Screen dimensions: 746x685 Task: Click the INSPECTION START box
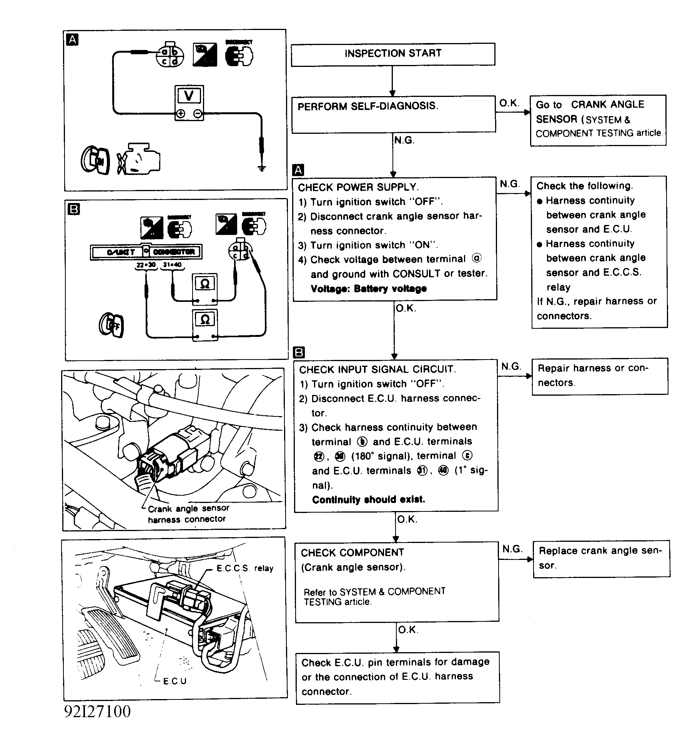[393, 54]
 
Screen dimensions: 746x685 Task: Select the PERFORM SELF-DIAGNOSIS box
[393, 115]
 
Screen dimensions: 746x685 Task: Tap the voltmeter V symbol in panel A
[189, 95]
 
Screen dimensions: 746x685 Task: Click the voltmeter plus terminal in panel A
[181, 113]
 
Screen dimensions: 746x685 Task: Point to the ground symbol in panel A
[262, 168]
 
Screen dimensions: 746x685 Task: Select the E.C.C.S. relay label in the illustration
[245, 568]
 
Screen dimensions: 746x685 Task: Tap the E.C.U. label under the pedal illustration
[175, 681]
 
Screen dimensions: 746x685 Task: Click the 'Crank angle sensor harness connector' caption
[188, 514]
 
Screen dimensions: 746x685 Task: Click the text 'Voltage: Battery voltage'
[369, 289]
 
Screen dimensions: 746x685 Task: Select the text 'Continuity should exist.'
[368, 500]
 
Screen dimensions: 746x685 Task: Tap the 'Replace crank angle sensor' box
[601, 559]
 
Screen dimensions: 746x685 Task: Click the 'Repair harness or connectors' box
[600, 376]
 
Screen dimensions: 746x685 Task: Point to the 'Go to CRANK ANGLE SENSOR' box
[598, 120]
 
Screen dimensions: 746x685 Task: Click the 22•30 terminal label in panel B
[146, 265]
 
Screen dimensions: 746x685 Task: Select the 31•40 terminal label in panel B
[172, 265]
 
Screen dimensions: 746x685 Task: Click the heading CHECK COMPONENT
[352, 553]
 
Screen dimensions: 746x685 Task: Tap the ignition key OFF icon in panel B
[111, 325]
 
